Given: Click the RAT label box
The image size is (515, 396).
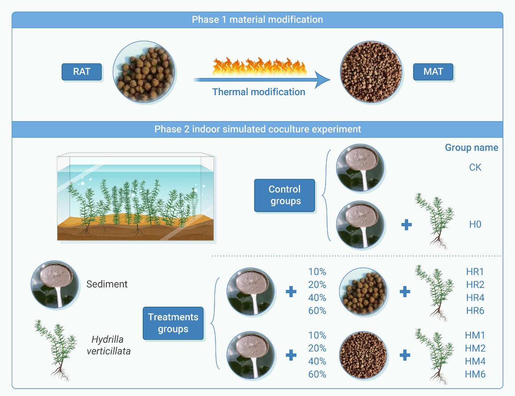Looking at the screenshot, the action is click(82, 72).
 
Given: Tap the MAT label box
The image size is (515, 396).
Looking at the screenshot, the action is click(433, 72).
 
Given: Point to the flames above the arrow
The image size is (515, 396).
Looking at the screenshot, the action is click(259, 66).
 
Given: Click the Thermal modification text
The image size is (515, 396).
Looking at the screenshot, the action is click(259, 92).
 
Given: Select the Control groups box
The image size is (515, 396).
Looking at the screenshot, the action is click(284, 195).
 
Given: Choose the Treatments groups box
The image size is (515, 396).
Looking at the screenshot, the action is click(173, 323).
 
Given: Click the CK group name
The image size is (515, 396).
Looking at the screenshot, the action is click(475, 167).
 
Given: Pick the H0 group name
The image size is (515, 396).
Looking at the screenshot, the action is click(475, 224).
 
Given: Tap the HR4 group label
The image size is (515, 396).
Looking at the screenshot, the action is click(475, 298).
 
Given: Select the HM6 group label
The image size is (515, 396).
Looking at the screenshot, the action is click(475, 374).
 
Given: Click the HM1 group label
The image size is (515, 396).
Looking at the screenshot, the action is click(475, 335).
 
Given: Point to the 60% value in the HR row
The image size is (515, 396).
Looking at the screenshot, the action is click(317, 310).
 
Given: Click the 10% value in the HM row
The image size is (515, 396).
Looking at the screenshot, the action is click(317, 335).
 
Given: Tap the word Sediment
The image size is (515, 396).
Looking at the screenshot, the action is click(107, 284).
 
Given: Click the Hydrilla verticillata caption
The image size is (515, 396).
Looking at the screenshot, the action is click(108, 345).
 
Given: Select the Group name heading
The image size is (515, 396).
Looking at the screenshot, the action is click(471, 148).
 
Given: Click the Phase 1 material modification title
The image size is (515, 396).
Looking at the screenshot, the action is click(257, 20).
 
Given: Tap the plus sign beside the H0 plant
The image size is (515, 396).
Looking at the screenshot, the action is click(407, 225).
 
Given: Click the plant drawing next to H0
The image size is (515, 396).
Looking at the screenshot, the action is click(435, 221).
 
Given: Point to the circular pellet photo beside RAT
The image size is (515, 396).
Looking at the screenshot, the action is click(144, 72).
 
